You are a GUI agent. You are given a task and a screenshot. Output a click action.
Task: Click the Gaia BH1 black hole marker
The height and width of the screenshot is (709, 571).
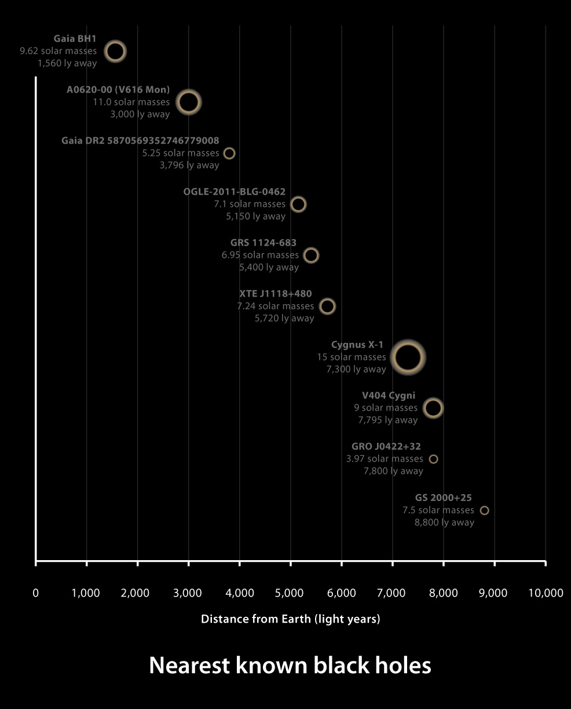115,51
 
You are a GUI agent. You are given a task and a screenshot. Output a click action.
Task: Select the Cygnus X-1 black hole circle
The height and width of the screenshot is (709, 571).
408,357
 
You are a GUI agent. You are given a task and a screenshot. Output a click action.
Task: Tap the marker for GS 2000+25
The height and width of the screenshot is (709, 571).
485,510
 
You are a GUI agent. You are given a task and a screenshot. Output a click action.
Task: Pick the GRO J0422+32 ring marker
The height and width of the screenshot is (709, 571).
433,459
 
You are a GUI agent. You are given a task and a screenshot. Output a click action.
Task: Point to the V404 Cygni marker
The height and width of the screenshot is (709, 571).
433,408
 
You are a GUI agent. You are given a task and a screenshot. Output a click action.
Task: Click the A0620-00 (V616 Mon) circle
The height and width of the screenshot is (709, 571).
188,102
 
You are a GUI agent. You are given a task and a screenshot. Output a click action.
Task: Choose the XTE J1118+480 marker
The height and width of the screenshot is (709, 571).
327,306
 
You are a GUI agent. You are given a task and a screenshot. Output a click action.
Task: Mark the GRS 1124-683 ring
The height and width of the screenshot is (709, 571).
311,255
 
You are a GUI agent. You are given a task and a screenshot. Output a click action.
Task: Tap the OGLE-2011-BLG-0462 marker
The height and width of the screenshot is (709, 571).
298,204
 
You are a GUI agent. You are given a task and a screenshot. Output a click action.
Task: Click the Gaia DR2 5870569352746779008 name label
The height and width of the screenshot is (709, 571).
140,141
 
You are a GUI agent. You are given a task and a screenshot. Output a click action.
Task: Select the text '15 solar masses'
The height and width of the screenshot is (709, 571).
351,357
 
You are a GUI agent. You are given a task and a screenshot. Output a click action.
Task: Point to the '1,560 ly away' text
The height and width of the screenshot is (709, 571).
67,63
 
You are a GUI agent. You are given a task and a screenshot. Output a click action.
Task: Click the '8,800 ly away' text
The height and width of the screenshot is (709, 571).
444,522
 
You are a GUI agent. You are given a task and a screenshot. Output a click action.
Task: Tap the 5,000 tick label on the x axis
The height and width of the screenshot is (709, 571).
290,593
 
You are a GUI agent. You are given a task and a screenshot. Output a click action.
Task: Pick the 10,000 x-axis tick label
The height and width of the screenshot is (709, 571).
546,593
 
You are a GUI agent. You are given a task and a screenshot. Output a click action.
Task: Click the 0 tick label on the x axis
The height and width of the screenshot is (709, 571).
36,593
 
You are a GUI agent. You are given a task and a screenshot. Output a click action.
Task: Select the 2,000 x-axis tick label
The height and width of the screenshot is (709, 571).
137,593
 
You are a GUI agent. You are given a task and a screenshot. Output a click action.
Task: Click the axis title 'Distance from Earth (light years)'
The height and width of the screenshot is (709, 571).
290,619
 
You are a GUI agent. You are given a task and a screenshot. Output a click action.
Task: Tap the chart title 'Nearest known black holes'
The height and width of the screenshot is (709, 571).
290,666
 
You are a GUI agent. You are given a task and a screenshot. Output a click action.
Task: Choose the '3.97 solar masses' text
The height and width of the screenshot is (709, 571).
385,459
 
